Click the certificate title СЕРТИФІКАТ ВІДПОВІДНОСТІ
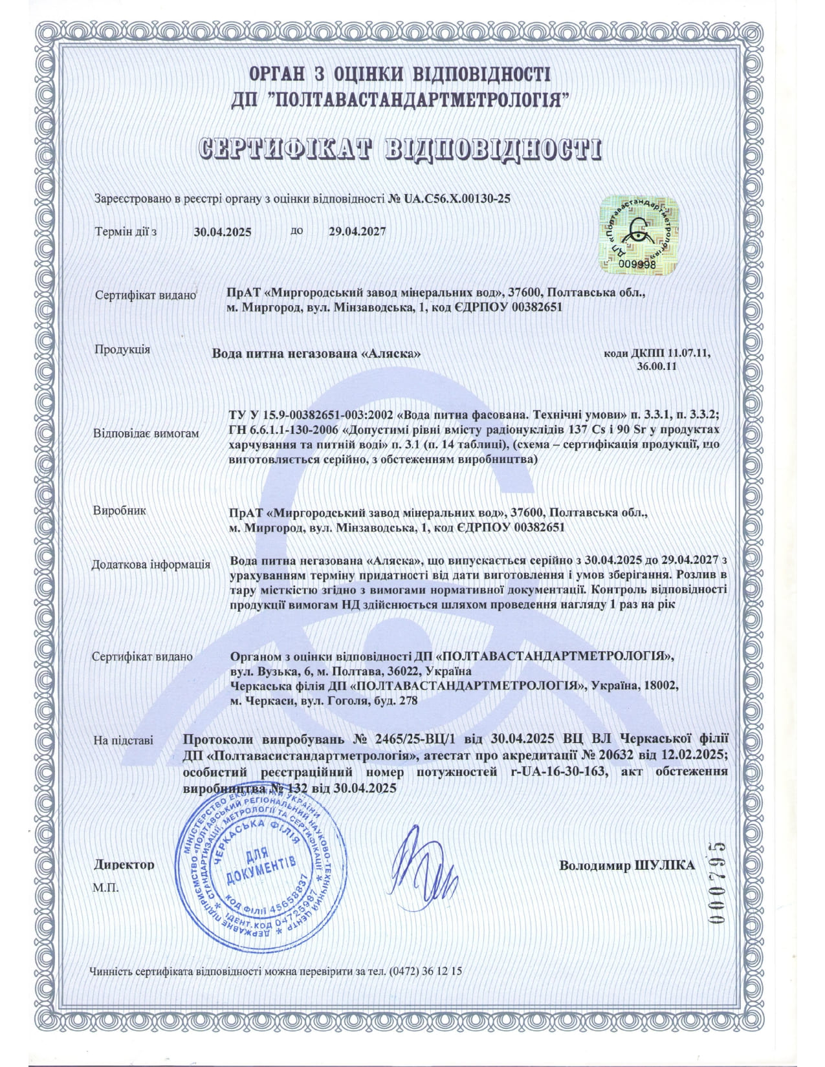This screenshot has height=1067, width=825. tap(399, 148)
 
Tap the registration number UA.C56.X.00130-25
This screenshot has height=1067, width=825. tap(457, 199)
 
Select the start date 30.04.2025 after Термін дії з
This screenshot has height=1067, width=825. tap(223, 232)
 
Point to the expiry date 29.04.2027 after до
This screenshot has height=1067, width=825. tap(357, 231)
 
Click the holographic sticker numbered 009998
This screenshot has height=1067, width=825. tap(637, 233)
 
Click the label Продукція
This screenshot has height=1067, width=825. tap(122, 350)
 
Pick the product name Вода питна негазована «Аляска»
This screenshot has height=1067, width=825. tap(317, 354)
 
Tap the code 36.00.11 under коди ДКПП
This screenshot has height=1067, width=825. tap(656, 366)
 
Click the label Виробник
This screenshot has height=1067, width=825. tap(120, 510)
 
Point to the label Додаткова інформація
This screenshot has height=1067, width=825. tap(151, 565)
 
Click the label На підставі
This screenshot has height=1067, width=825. tap(123, 740)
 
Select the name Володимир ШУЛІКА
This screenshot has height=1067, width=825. tap(627, 865)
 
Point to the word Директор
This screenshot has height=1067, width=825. tap(124, 865)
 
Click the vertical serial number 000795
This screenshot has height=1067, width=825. tap(717, 883)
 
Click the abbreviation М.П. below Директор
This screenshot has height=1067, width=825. tap(105, 887)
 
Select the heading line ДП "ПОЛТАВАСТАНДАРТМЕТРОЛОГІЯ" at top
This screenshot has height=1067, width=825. tap(399, 100)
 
